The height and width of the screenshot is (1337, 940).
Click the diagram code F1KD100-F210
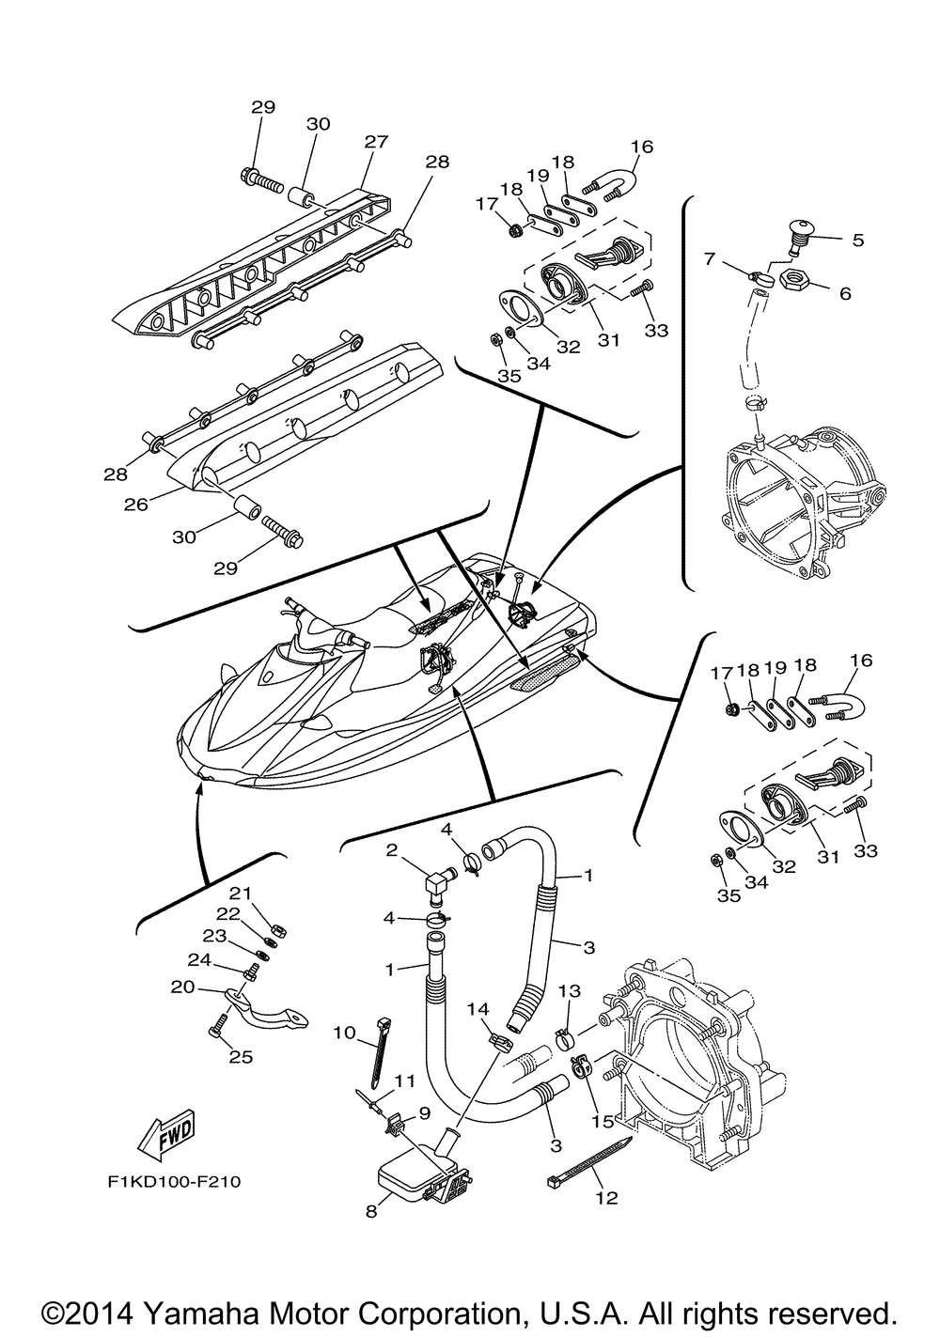coord(175,1182)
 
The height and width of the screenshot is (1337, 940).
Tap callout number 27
coord(376,142)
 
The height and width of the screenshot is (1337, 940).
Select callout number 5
coord(857,240)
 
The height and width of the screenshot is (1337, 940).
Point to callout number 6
coord(845,293)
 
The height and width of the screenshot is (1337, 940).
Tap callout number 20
coord(182,987)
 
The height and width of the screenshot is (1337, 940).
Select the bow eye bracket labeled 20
coord(265,1009)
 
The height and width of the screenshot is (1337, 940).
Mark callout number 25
coord(242,1056)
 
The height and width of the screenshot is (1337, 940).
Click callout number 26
coord(135,504)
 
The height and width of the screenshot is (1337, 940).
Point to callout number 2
coord(391,850)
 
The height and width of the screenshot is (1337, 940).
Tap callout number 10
coord(344,1032)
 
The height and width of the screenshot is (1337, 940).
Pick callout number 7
coord(709,258)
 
